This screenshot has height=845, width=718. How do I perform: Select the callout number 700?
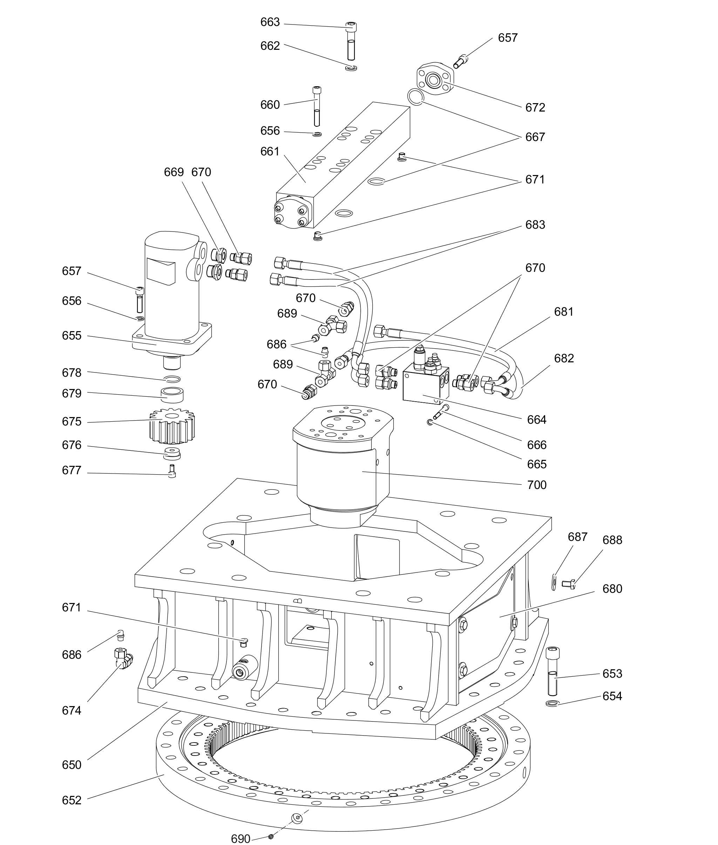click(x=536, y=485)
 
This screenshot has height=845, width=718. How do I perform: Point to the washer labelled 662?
click(x=351, y=68)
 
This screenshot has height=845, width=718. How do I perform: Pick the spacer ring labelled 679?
click(x=172, y=395)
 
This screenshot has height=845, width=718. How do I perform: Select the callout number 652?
click(x=72, y=800)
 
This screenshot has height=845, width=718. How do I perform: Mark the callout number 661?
click(x=270, y=152)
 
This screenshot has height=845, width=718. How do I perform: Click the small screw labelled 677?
click(x=172, y=471)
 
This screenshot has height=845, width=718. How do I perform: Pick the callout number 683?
click(x=535, y=225)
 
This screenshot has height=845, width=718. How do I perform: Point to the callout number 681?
click(x=563, y=311)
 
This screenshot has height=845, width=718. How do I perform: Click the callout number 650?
click(x=72, y=765)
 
